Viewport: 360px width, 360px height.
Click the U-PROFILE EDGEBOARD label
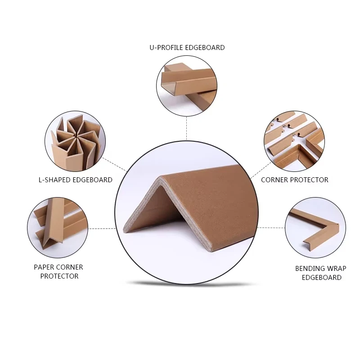pos(187,48)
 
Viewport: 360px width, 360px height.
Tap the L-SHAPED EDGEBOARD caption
pos(76,180)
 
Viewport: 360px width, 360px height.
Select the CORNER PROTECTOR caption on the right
pos(295,180)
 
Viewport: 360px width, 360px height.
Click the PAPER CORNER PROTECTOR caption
pos(58,272)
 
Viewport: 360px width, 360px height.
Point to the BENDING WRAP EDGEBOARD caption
pos(321,273)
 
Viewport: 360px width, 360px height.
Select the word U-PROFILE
pos(166,48)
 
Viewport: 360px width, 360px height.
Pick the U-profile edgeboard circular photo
pos(187,86)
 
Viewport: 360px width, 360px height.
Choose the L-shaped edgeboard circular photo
pos(75,141)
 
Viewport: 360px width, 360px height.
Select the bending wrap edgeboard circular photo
pos(315,228)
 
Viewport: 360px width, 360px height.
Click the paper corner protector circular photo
pos(58,228)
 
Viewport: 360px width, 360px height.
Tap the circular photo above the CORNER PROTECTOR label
pos(294,141)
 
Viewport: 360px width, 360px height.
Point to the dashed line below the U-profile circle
pos(186,128)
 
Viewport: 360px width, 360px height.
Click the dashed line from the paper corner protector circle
pos(102,229)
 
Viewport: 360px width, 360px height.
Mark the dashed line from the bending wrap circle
pos(271,228)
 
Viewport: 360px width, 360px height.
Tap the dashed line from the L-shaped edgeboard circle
pos(115,164)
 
